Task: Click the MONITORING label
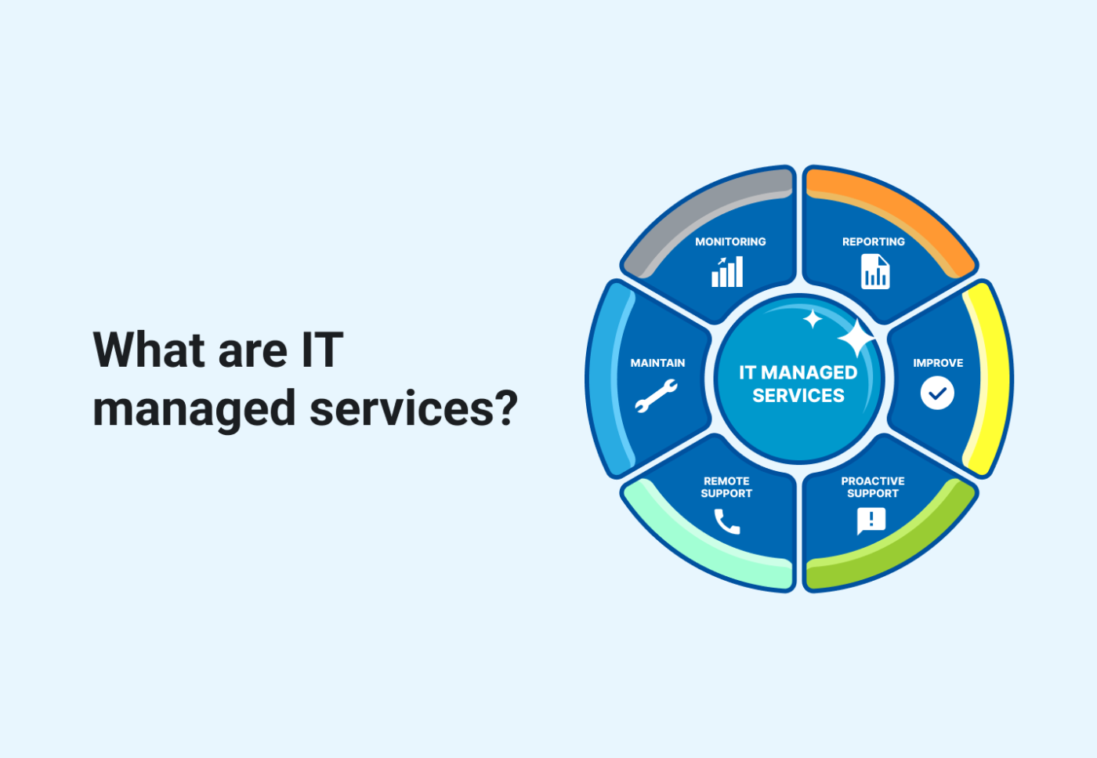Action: click(x=730, y=241)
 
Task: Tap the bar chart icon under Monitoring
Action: click(x=727, y=272)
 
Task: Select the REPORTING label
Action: click(x=873, y=241)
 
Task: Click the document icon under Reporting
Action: click(x=875, y=272)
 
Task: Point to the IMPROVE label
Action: click(x=938, y=363)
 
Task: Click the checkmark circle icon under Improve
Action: click(x=937, y=393)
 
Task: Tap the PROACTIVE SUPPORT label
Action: click(x=872, y=487)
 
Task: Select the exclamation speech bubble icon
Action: click(x=871, y=520)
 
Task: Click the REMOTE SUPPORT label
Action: click(x=726, y=487)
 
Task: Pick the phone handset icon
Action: click(x=726, y=521)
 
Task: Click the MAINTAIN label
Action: click(x=657, y=363)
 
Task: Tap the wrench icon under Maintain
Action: click(x=657, y=395)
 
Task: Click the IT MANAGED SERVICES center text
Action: click(x=798, y=383)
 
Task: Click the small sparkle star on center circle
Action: click(x=813, y=319)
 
